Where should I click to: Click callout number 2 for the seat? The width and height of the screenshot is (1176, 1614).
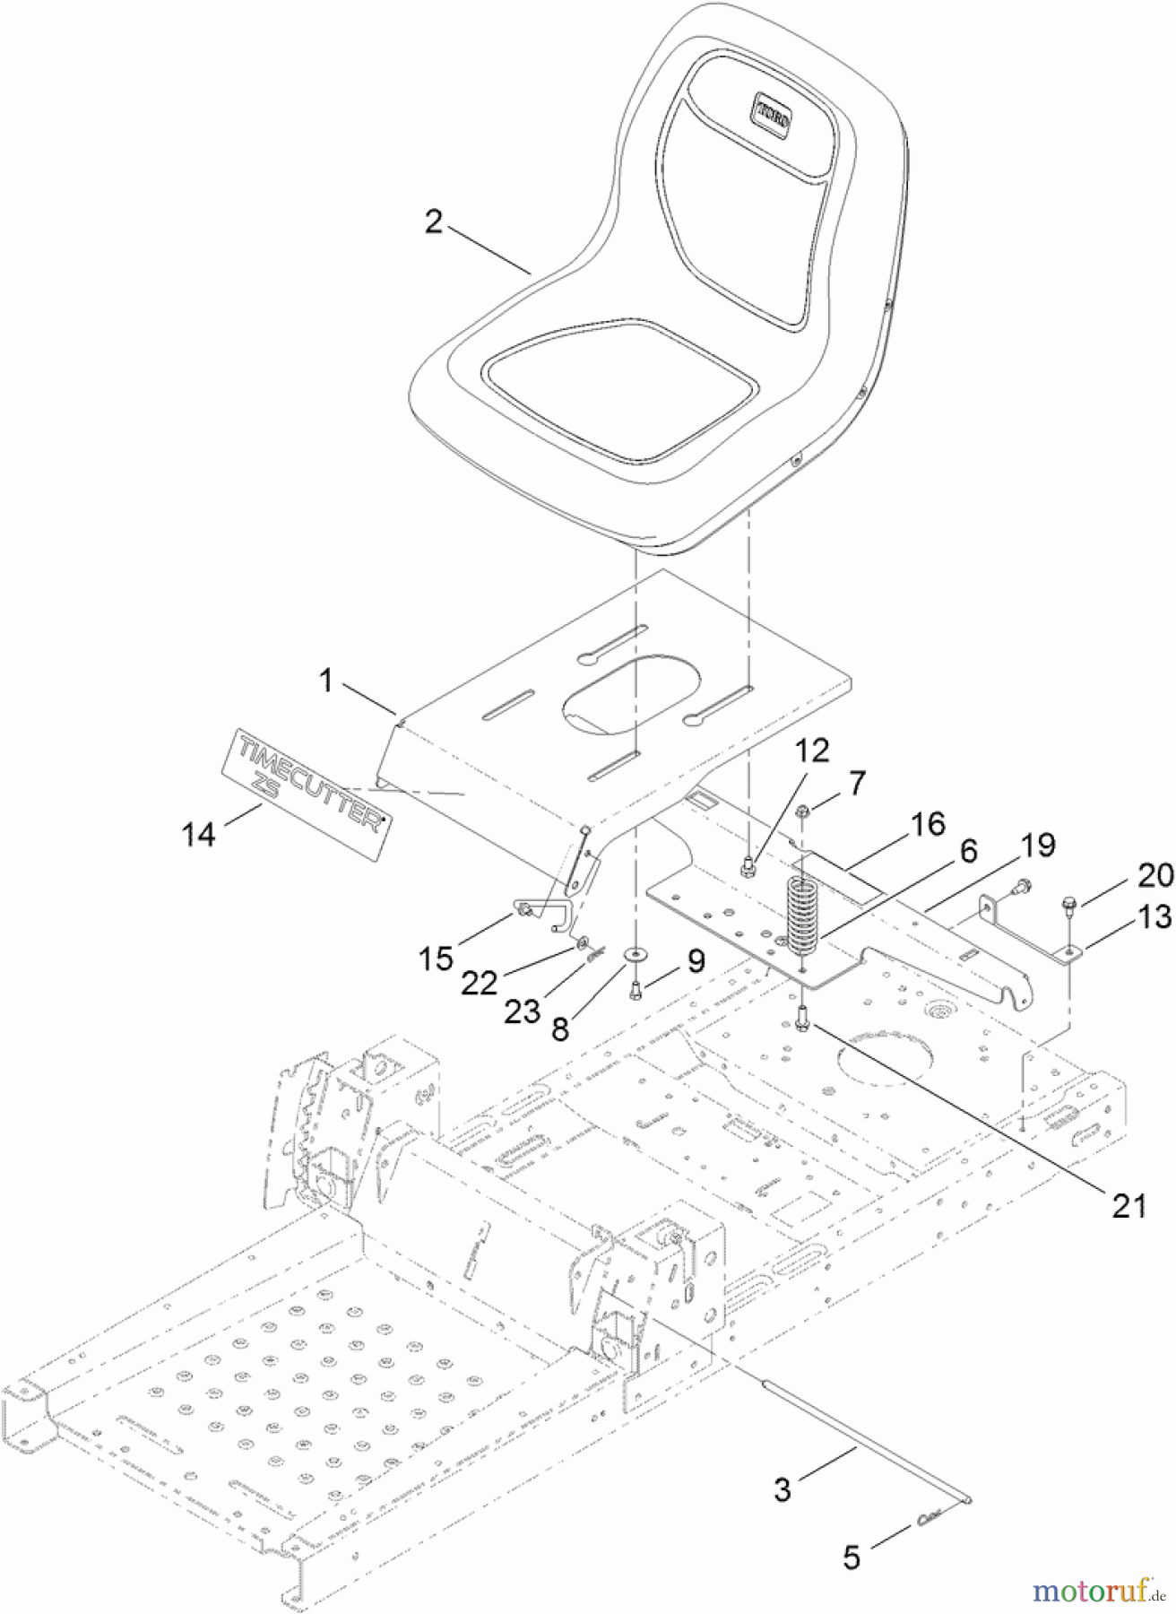(434, 221)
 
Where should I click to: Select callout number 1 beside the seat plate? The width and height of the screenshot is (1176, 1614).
(327, 681)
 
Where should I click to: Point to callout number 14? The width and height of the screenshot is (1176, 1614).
(199, 834)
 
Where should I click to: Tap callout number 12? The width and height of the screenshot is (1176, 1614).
(810, 750)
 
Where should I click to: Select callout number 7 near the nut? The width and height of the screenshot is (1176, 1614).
(858, 783)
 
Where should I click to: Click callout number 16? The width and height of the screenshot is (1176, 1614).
(929, 823)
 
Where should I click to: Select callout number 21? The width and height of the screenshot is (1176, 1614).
(1128, 1206)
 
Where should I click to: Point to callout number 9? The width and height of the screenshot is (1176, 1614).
(696, 961)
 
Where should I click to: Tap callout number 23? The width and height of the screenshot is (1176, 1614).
(523, 1011)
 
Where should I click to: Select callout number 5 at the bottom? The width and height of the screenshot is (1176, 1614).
(852, 1558)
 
